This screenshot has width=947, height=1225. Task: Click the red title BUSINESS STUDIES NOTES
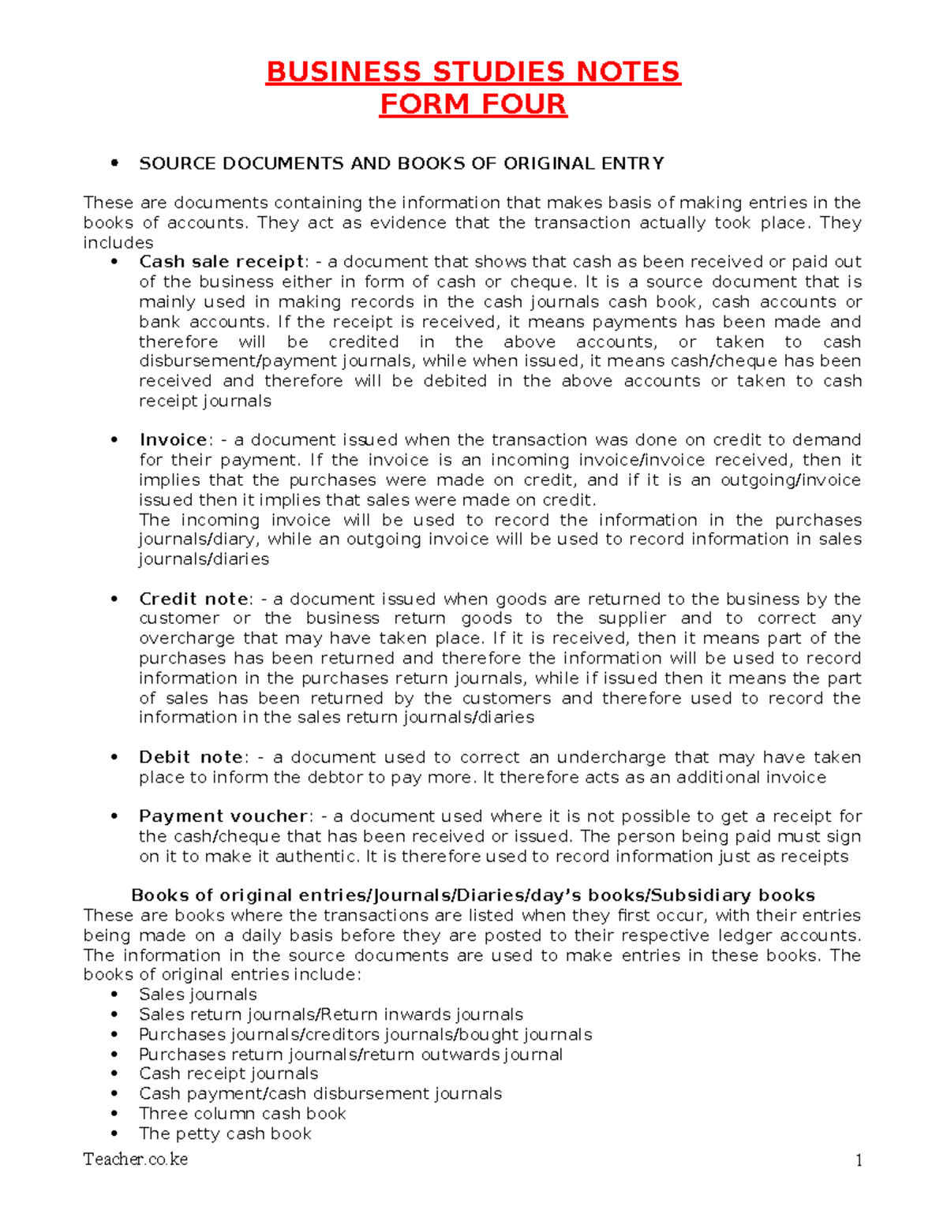(x=473, y=72)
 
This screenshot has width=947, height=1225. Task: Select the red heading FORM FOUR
(x=473, y=104)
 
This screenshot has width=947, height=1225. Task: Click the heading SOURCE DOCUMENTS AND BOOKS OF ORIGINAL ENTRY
(x=401, y=163)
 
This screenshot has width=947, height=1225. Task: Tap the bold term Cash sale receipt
(x=222, y=262)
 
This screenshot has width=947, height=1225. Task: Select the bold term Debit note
(x=191, y=757)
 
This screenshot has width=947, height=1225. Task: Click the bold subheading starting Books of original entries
(x=473, y=895)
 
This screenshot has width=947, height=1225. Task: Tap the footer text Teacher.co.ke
(x=136, y=1159)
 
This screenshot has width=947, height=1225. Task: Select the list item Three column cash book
(x=242, y=1113)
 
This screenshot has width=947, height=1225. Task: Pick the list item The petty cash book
(x=225, y=1133)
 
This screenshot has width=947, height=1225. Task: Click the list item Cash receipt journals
(x=228, y=1074)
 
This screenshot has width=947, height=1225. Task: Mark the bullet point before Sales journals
(x=115, y=995)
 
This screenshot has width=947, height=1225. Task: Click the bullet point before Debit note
(x=115, y=757)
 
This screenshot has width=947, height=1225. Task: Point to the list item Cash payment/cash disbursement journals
(x=320, y=1093)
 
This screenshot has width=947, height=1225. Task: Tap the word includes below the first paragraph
(x=118, y=242)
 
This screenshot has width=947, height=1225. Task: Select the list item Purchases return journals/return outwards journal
(x=350, y=1054)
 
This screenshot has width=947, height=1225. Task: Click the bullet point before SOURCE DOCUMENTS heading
(x=115, y=163)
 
